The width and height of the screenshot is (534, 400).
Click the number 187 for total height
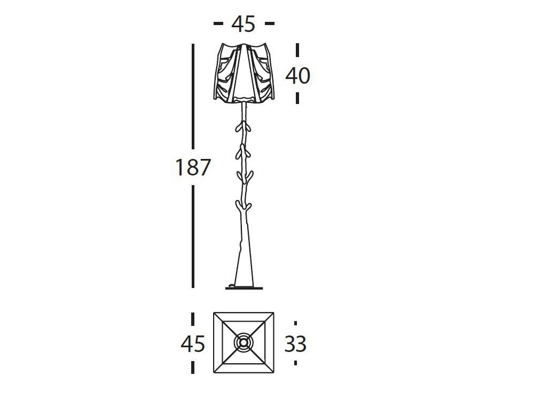193,167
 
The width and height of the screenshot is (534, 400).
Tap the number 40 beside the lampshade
297,76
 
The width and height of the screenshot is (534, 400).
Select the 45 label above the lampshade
243,24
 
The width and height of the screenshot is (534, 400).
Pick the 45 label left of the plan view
193,343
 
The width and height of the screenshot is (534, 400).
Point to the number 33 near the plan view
295,343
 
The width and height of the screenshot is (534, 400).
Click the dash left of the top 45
218,23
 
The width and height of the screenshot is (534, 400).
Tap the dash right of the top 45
269,23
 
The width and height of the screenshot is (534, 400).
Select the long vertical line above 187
193,97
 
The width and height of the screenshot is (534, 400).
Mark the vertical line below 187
193,237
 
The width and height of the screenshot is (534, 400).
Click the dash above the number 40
297,50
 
